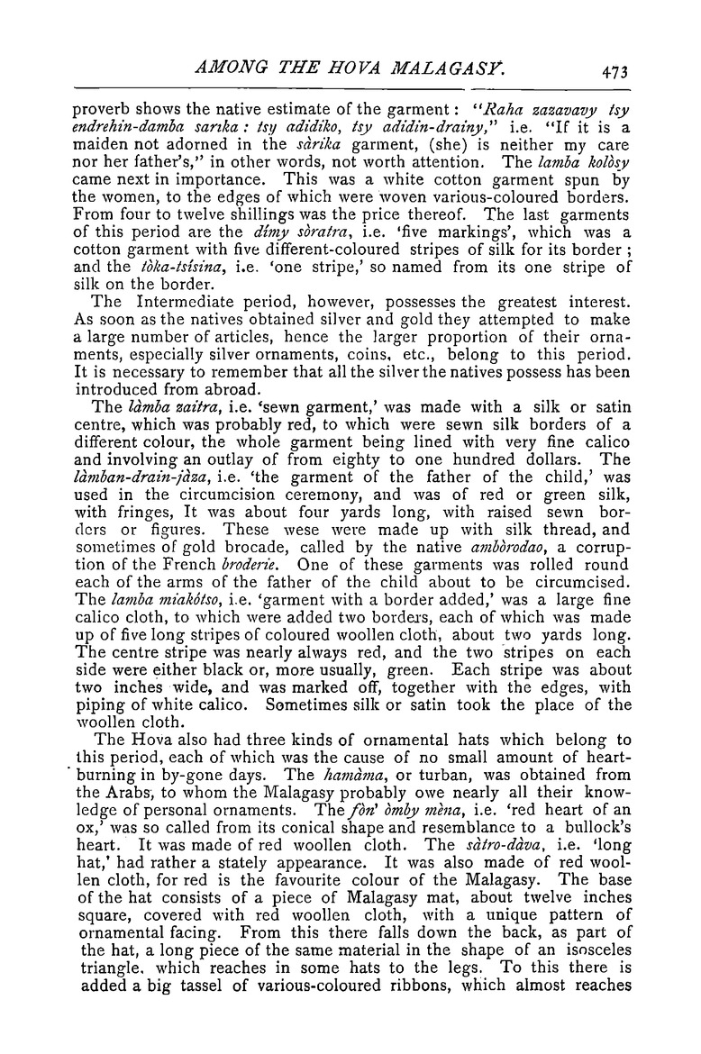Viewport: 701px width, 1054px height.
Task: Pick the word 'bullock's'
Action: pos(591,867)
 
